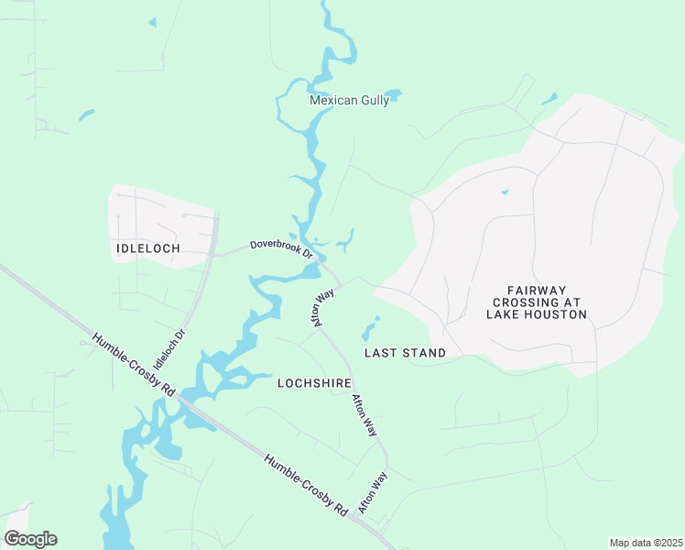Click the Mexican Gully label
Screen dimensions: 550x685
point(349,101)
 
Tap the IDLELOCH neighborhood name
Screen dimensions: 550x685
point(147,248)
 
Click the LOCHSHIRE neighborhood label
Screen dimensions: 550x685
point(315,383)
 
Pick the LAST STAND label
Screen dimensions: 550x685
point(405,353)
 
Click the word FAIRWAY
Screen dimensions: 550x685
point(537,289)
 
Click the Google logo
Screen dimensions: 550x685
point(30,539)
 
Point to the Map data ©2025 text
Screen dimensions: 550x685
point(645,543)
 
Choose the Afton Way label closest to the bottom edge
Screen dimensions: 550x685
point(374,492)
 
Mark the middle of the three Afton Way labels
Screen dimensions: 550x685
point(365,414)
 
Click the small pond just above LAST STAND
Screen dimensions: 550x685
point(371,327)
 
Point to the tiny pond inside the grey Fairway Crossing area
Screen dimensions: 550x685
point(504,192)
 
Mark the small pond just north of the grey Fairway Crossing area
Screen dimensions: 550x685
point(549,98)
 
